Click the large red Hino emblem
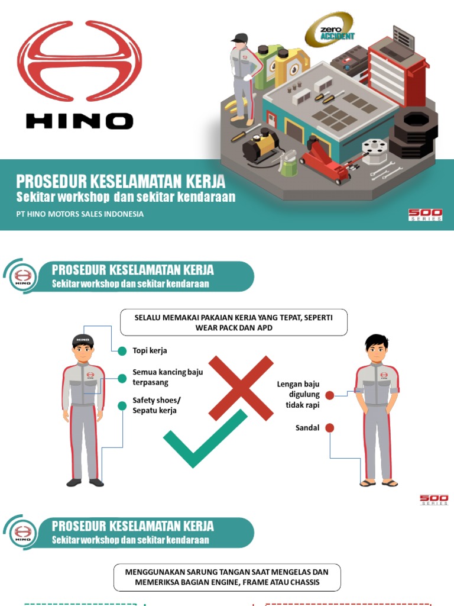coord(79,61)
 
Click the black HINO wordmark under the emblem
coord(79,121)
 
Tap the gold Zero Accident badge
coord(329,30)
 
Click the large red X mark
coord(241,388)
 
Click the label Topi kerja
coord(150,350)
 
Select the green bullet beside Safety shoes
coord(122,405)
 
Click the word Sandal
coord(307,427)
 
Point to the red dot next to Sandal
coord(330,427)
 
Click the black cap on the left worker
coord(83,340)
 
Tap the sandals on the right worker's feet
coord(378,483)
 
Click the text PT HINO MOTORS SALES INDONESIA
coord(80,214)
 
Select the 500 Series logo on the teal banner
coord(425,214)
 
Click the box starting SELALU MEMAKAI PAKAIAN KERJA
coord(234,323)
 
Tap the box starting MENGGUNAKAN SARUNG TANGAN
coord(226,577)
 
